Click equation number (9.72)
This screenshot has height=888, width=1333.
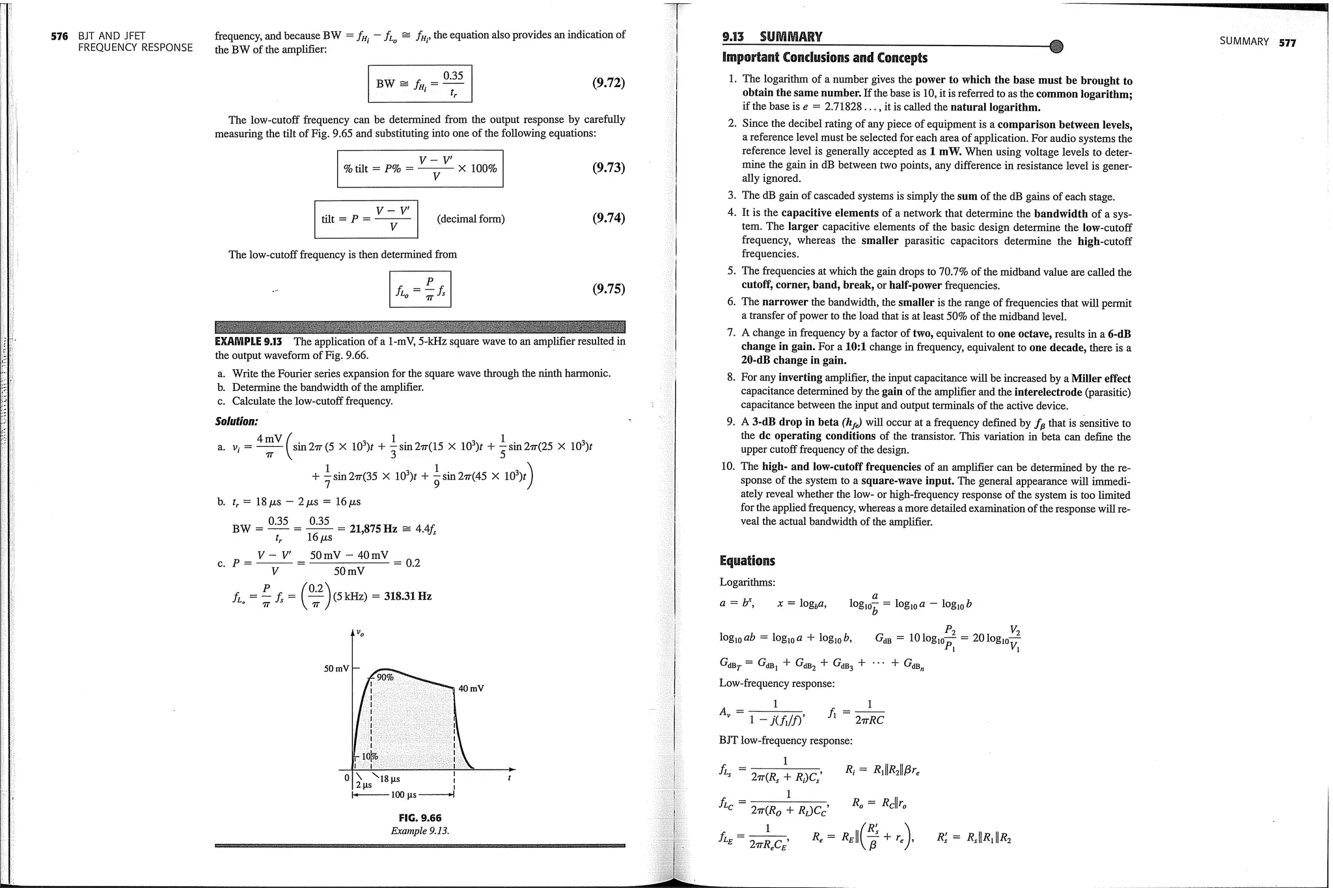608,83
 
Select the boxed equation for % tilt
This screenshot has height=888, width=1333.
420,168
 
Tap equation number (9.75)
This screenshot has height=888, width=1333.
608,289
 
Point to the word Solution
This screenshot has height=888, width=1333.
236,422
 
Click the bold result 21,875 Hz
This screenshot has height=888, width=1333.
373,528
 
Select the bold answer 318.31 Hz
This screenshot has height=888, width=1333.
407,596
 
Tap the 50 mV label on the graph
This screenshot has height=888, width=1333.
336,669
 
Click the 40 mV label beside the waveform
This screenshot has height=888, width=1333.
471,688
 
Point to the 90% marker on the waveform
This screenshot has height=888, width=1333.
385,677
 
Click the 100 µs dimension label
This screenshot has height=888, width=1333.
403,795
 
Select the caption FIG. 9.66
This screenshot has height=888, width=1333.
420,818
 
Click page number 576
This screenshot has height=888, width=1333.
59,36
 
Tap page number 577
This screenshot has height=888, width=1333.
1287,42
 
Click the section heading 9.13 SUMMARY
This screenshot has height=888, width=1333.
772,36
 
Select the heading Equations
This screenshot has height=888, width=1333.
747,561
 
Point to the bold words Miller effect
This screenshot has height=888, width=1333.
1101,379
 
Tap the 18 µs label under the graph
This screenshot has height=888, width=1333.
389,779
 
